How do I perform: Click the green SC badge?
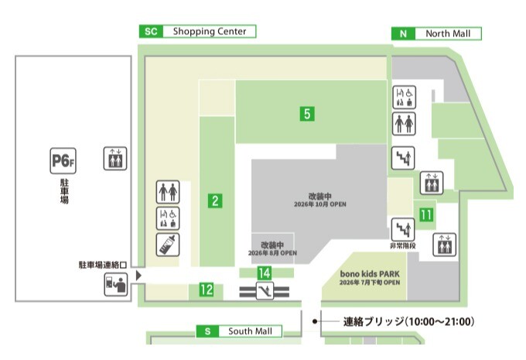pyautogui.click(x=151, y=32)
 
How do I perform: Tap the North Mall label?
pyautogui.click(x=448, y=33)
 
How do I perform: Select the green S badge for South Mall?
pyautogui.click(x=207, y=331)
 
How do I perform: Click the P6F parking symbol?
pyautogui.click(x=63, y=161)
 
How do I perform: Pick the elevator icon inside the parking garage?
pyautogui.click(x=115, y=159)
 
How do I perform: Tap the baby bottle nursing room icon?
pyautogui.click(x=168, y=245)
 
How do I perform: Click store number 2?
pyautogui.click(x=215, y=201)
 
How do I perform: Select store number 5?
pyautogui.click(x=307, y=114)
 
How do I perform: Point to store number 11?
pyautogui.click(x=426, y=214)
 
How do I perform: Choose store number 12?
pyautogui.click(x=207, y=290)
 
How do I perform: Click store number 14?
pyautogui.click(x=265, y=273)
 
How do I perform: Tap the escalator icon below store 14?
pyautogui.click(x=265, y=291)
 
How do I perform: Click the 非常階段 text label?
pyautogui.click(x=402, y=246)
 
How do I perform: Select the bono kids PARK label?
pyautogui.click(x=370, y=274)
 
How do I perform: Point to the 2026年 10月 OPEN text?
pyautogui.click(x=320, y=204)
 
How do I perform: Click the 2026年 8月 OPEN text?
pyautogui.click(x=272, y=253)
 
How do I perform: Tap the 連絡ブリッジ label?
pyautogui.click(x=373, y=322)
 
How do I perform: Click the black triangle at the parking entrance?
pyautogui.click(x=138, y=276)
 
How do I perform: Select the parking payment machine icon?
pyautogui.click(x=116, y=284)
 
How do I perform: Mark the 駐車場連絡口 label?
pyautogui.click(x=103, y=265)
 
